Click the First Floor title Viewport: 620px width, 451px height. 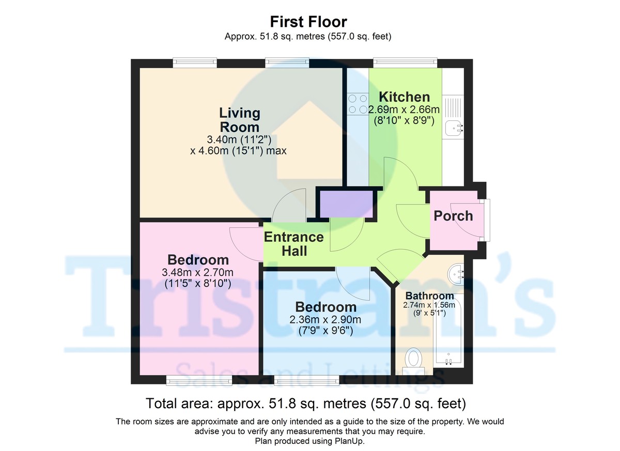[x=308, y=22]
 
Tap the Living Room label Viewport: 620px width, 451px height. [x=239, y=119]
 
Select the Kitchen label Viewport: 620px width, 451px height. [x=404, y=97]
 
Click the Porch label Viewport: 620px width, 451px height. [x=453, y=215]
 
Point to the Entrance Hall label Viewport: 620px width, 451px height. [x=293, y=244]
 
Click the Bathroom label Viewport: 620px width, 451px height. [x=429, y=296]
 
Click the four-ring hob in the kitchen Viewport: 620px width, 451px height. [x=358, y=103]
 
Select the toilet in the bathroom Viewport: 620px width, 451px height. [x=414, y=359]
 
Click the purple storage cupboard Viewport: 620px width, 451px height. [x=347, y=204]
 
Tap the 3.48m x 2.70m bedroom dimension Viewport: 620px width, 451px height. [x=198, y=272]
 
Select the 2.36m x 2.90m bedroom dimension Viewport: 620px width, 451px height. [x=325, y=320]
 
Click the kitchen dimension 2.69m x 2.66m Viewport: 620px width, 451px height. [x=404, y=110]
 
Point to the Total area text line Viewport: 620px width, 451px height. [x=306, y=403]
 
